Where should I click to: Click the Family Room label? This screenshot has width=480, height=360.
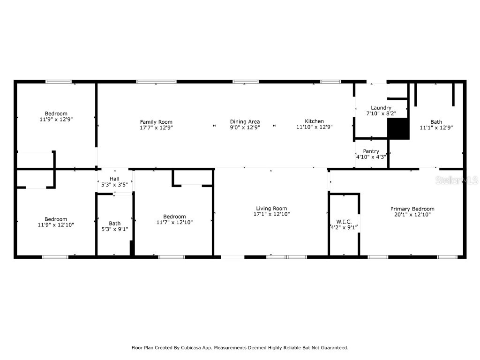click(156, 122)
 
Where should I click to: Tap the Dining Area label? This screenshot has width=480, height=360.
click(245, 122)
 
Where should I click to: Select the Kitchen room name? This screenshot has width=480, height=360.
click(314, 121)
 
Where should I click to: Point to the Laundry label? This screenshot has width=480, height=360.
click(381, 108)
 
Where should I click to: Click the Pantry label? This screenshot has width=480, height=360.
click(371, 151)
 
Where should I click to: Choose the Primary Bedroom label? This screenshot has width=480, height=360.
click(412, 209)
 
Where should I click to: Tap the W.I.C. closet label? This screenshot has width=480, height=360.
click(344, 222)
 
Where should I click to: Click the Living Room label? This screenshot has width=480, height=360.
click(271, 209)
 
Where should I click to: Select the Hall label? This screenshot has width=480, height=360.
click(114, 179)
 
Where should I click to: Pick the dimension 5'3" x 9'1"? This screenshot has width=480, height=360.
click(115, 229)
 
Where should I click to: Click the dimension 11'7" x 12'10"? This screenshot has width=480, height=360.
click(174, 222)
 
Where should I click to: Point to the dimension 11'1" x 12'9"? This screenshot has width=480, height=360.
click(436, 127)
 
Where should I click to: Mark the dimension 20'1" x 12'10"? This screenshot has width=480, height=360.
click(412, 215)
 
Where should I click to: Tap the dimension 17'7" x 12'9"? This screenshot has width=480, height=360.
click(156, 127)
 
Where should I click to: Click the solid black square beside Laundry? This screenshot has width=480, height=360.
click(398, 129)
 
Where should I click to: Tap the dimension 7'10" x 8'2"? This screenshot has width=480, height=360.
click(381, 113)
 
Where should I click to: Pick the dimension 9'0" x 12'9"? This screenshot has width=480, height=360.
click(245, 127)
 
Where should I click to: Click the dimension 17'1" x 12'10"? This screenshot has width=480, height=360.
click(271, 214)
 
